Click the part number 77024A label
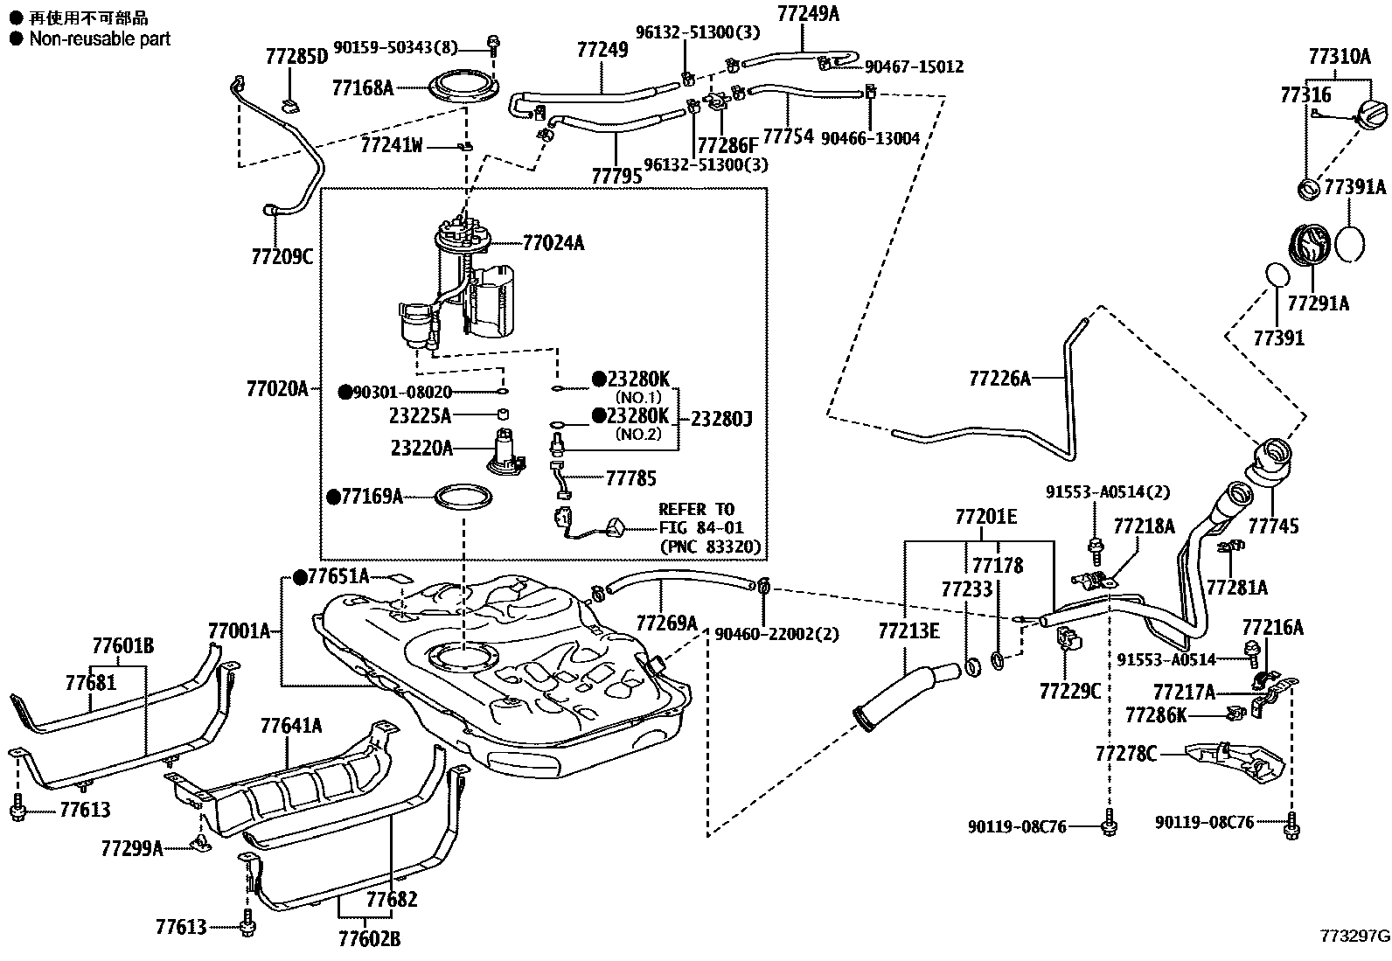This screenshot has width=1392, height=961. point(553,243)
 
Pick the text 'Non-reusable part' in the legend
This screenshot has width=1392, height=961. point(100,38)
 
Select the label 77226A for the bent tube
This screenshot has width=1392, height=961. point(999,379)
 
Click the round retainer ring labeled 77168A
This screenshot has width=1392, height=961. point(463,88)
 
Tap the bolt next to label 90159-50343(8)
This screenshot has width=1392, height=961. point(494,43)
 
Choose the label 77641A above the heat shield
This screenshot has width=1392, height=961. point(290,726)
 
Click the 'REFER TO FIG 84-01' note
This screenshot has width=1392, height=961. point(696,518)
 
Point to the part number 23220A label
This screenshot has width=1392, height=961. point(421,449)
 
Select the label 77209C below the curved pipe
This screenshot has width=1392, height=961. point(282,257)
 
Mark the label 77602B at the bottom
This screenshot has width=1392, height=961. point(369,939)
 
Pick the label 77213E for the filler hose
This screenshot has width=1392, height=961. point(908,630)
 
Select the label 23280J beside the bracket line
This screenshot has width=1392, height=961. point(721,420)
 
